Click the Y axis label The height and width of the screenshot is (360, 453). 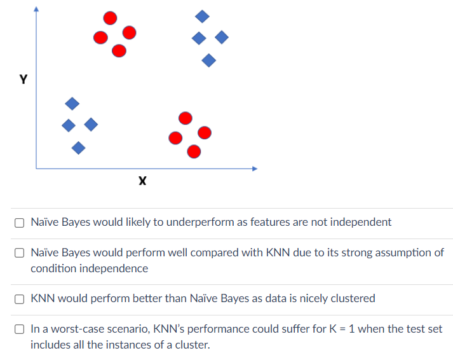coord(24,80)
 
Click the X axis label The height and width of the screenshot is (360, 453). coord(142,182)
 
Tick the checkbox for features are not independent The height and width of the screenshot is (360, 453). coord(20,223)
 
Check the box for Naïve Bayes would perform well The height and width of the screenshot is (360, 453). coord(20,253)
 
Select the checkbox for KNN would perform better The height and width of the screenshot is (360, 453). coord(20,298)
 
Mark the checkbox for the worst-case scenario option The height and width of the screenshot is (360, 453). coord(20,329)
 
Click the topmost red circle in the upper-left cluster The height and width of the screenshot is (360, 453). coord(110,18)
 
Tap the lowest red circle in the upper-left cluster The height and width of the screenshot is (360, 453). coord(119,50)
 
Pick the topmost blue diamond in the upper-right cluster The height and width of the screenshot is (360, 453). coord(202,15)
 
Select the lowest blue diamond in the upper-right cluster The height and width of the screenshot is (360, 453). coord(208,60)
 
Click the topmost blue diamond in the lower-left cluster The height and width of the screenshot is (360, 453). coord(72,103)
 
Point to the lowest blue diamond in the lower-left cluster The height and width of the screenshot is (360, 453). coord(78,148)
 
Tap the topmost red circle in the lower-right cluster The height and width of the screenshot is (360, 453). coord(185,118)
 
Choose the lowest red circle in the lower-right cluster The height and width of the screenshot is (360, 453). coord(194,151)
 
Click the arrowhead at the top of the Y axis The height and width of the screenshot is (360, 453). coord(36,10)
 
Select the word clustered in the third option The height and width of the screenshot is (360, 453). coord(353,298)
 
